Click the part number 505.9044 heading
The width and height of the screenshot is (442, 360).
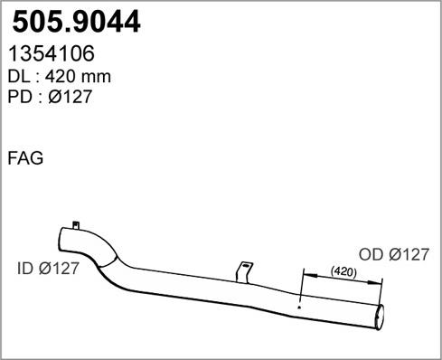coord(76,22)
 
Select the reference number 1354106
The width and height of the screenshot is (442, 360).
coord(52,53)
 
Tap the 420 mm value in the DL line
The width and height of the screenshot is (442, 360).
coord(78,77)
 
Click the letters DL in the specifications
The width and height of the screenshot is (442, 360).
coord(19,77)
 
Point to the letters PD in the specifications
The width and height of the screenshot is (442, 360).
coord(20,97)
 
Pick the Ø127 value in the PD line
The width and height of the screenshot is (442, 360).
coord(70,97)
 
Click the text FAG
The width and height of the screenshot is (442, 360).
coord(25,158)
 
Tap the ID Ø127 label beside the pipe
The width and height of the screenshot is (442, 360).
coord(48,268)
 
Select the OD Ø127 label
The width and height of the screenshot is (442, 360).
coord(394,254)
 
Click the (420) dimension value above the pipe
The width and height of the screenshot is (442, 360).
coord(343,272)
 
